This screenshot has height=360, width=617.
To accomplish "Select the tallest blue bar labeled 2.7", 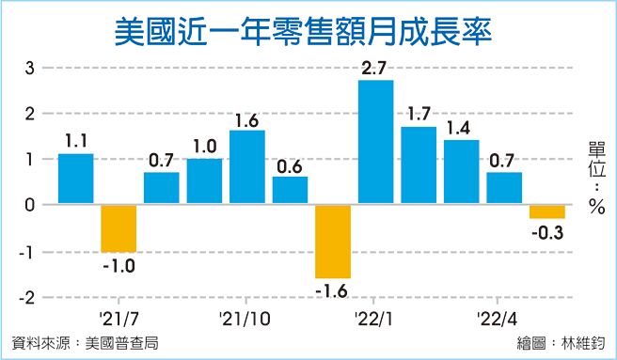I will [x=376, y=142].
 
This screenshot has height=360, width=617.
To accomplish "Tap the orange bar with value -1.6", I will [x=333, y=241].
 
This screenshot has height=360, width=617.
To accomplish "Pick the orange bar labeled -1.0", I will [x=119, y=227].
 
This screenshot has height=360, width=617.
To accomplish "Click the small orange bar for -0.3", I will [x=547, y=211].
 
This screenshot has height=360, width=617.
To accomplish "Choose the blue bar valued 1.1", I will [x=76, y=179].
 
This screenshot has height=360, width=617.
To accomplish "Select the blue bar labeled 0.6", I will [x=290, y=190].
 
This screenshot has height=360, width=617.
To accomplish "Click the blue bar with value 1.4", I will [x=462, y=172].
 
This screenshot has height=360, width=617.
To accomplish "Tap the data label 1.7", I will [x=419, y=116].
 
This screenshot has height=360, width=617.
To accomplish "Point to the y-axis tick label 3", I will [x=30, y=68].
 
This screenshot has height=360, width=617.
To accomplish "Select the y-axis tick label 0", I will [x=30, y=205].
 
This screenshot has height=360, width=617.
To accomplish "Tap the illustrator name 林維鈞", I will [x=584, y=343].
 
